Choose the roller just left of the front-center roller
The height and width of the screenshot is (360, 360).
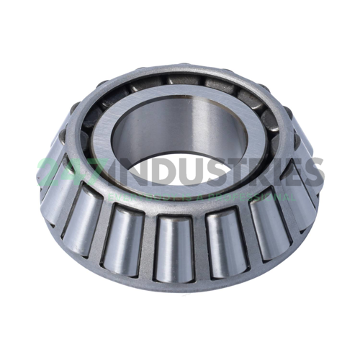pyautogui.click(x=122, y=234)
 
